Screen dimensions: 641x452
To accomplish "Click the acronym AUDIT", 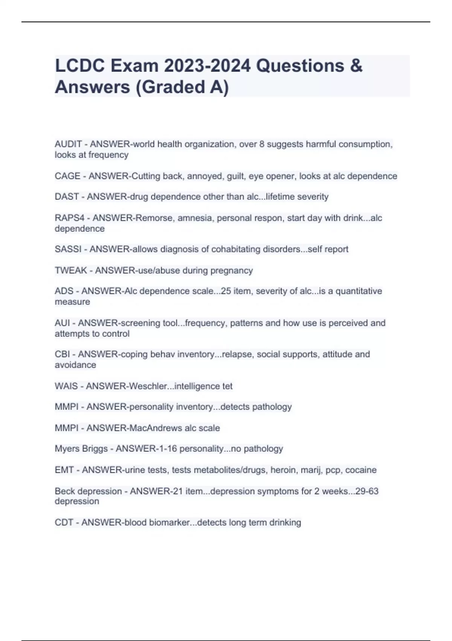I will click(x=68, y=144).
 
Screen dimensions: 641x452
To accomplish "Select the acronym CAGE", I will click(x=67, y=176).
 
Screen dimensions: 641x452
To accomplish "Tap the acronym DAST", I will click(x=67, y=197).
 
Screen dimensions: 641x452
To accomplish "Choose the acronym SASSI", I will click(x=68, y=249).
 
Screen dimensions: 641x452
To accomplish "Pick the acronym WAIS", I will click(x=66, y=386).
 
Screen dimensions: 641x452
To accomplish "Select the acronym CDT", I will click(x=64, y=523).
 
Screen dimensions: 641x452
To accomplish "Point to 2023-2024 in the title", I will click(x=207, y=66).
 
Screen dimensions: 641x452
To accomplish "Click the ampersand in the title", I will click(x=356, y=66).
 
